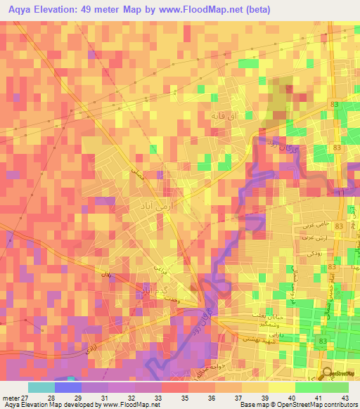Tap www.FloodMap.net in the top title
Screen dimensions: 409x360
tap(199, 10)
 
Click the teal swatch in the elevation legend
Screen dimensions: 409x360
tap(41, 387)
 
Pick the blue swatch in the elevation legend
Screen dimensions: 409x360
tap(68, 387)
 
